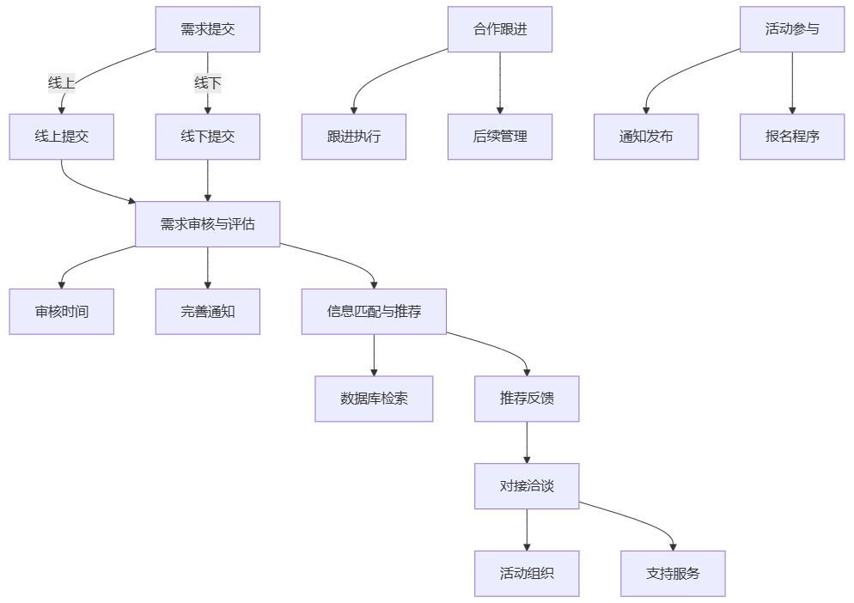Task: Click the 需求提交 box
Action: point(207,29)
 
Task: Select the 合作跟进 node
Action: point(499,29)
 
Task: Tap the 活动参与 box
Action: point(792,29)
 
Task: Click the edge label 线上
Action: point(61,83)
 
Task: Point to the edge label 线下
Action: point(207,83)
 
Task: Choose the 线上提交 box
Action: point(61,137)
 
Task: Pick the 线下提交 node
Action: point(207,137)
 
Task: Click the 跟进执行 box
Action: point(353,137)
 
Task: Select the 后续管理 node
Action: point(499,137)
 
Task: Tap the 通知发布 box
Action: point(646,137)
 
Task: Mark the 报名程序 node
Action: point(792,137)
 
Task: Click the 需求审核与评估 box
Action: point(207,224)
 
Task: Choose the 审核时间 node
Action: point(61,312)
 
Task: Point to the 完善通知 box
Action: point(207,312)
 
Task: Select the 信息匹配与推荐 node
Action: point(374,312)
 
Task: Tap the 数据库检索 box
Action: point(374,399)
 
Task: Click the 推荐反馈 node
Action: point(527,399)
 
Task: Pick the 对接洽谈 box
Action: point(527,486)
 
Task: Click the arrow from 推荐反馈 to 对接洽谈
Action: point(527,442)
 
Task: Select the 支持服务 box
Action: point(673,573)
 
